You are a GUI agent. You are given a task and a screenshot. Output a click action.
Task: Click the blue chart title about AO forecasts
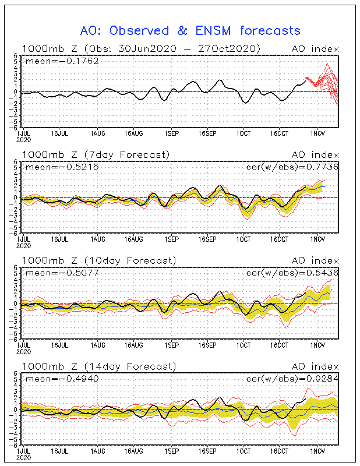tap(190, 31)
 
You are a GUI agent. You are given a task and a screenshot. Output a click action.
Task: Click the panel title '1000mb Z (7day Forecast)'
tap(96, 155)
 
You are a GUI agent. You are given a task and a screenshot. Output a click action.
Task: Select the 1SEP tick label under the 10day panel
tap(172, 345)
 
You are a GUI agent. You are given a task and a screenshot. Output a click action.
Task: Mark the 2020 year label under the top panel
tap(24, 139)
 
